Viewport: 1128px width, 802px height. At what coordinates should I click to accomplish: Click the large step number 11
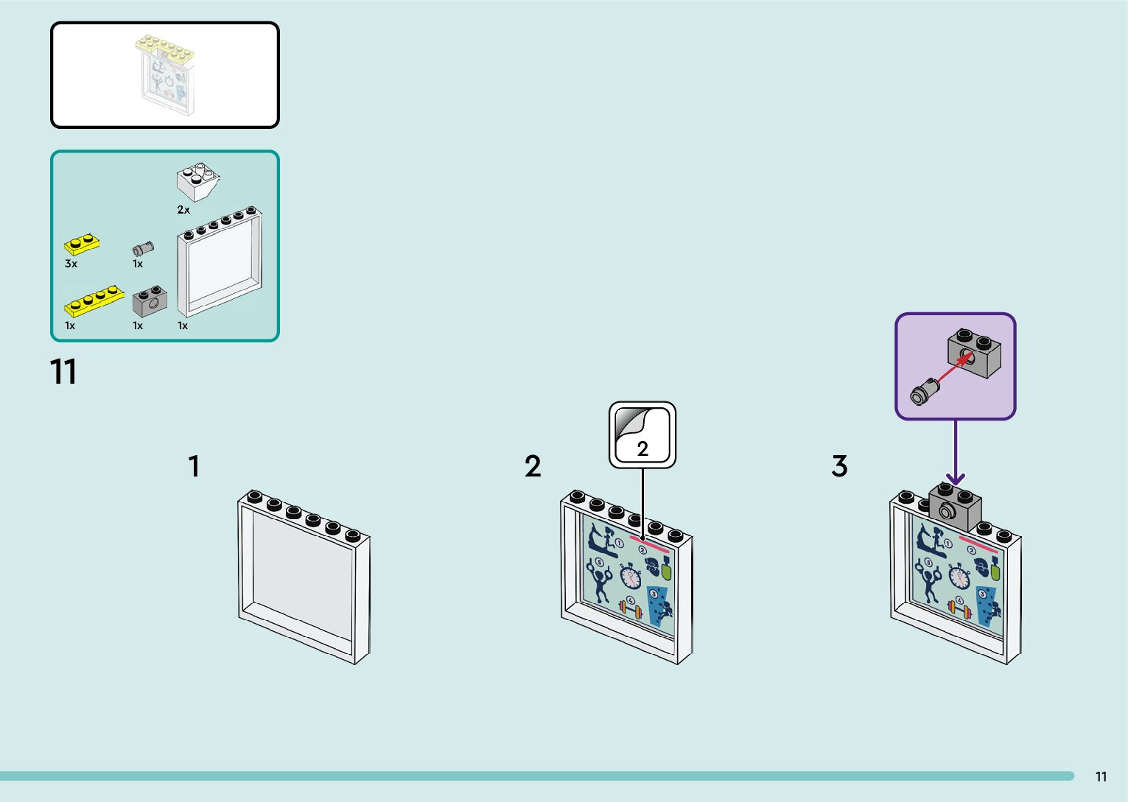pyautogui.click(x=63, y=373)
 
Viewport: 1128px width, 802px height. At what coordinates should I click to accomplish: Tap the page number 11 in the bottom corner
pyautogui.click(x=1101, y=777)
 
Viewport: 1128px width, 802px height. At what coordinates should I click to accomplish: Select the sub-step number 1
pyautogui.click(x=194, y=466)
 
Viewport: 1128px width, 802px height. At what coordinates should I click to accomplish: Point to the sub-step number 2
pyautogui.click(x=533, y=466)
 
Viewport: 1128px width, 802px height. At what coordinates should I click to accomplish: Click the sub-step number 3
pyautogui.click(x=839, y=466)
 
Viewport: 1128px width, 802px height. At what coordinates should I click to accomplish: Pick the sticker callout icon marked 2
pyautogui.click(x=642, y=435)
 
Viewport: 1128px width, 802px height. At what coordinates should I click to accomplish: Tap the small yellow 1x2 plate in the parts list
pyautogui.click(x=83, y=244)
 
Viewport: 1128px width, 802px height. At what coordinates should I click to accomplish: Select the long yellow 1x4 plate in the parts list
pyautogui.click(x=93, y=300)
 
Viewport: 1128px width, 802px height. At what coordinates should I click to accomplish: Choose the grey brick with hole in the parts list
pyautogui.click(x=150, y=301)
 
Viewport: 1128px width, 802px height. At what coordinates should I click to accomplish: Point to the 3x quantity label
pyautogui.click(x=71, y=264)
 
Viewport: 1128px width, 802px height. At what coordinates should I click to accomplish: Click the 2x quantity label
pyautogui.click(x=183, y=210)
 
